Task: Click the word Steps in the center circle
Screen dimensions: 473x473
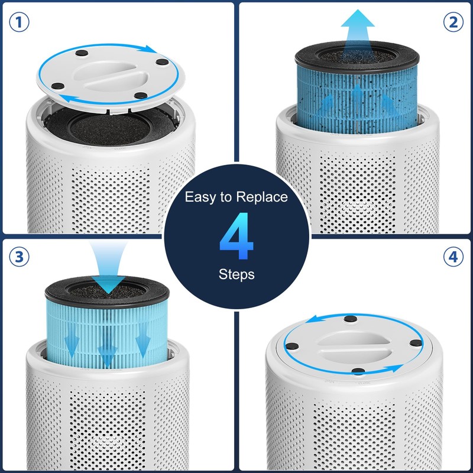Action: point(237,275)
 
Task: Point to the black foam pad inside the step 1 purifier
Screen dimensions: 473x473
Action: point(109,127)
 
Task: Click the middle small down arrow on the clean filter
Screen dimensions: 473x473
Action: point(106,355)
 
